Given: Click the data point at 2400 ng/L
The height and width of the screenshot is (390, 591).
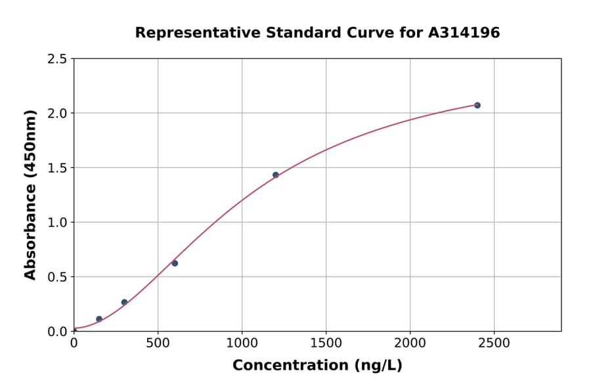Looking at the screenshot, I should [x=477, y=105].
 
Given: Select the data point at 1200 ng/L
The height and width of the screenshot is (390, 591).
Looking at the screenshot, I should [x=276, y=175].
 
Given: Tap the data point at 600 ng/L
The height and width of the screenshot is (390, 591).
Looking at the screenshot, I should [x=175, y=263].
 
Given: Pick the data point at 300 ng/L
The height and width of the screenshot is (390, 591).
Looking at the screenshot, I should [x=124, y=302].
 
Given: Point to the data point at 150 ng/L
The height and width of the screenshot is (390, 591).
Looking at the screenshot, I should [x=99, y=319].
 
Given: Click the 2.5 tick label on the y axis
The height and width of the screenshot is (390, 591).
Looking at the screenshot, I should [x=58, y=59].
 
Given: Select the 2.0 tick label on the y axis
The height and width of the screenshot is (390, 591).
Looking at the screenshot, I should [x=58, y=114].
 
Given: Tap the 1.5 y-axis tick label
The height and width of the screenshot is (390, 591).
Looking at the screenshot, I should [x=58, y=168].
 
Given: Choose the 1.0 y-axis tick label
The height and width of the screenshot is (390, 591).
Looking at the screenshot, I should [x=58, y=223].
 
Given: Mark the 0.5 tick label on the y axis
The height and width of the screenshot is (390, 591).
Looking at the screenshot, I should [x=58, y=277].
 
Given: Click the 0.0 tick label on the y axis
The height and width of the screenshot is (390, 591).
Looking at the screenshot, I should [x=58, y=332].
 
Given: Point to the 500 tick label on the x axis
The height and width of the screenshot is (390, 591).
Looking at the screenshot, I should [x=158, y=343].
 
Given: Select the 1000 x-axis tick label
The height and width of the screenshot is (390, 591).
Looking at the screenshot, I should [x=242, y=343].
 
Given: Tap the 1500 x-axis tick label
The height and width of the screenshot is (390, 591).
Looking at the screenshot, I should [x=326, y=343].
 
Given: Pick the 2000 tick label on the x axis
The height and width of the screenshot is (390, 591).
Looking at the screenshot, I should [x=410, y=343].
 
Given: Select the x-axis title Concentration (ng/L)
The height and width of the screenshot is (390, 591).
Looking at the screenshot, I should [x=317, y=366].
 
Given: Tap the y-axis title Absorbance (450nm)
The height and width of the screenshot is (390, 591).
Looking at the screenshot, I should [x=30, y=194].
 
